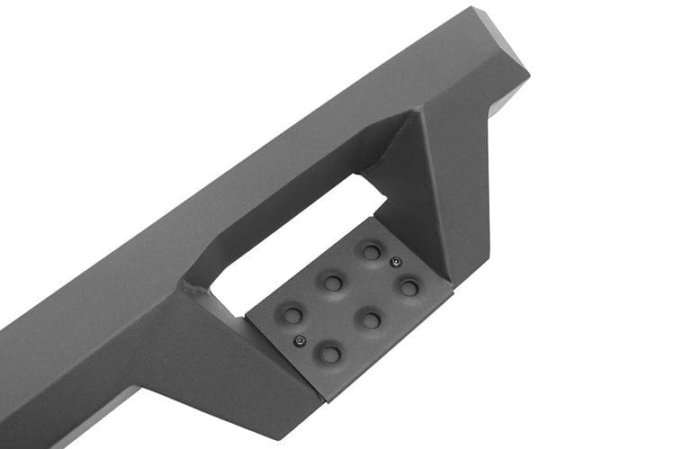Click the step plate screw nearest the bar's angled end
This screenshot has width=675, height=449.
tap(395, 263)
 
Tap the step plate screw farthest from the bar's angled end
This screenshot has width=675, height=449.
tap(300, 340)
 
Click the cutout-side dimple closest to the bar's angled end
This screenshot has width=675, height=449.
tap(371, 251)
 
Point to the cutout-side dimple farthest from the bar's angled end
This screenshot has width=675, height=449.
tap(292, 315)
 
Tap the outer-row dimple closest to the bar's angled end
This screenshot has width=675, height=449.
tap(409, 288)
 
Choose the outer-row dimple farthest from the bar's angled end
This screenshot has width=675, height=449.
tap(330, 354)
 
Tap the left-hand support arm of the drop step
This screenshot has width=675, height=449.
tap(225, 360)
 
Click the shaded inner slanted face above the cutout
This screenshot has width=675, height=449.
tap(297, 193)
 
